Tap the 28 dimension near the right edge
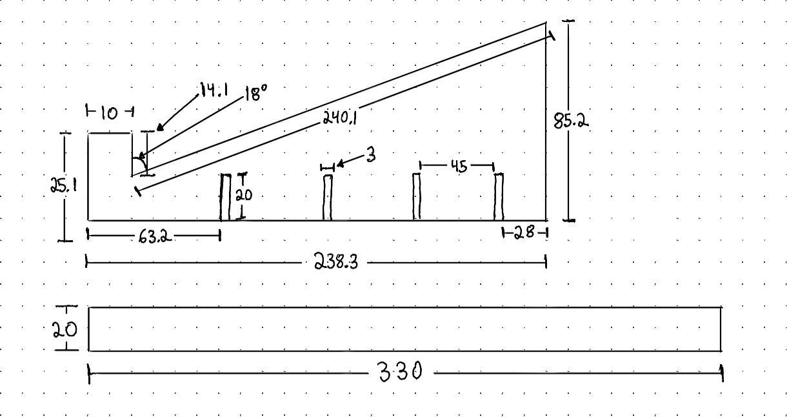[524, 233]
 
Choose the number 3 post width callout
[370, 156]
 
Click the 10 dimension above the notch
[109, 113]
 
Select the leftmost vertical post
[226, 197]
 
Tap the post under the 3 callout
[328, 197]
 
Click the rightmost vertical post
[499, 197]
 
